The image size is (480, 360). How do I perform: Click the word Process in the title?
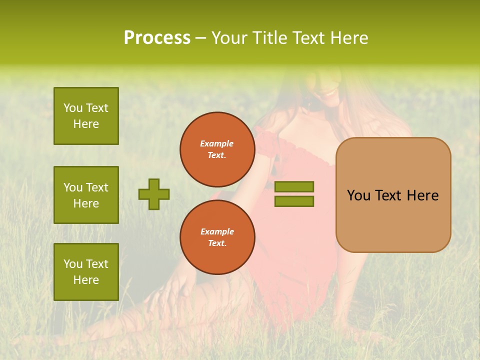point(157,38)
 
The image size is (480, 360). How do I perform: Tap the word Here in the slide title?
point(348,38)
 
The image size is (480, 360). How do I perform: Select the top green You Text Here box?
point(86,116)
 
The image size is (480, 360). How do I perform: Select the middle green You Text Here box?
point(86,195)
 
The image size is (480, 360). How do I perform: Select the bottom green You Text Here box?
point(86,272)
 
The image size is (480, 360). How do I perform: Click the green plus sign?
point(154,194)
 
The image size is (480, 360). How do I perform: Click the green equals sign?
point(294,194)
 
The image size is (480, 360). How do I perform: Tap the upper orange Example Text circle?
point(217,149)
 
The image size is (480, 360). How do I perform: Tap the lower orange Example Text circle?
point(217,237)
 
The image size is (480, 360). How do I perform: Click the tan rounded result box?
point(393,195)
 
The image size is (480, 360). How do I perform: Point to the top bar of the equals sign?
point(294,186)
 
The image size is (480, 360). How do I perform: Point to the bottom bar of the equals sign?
point(294,201)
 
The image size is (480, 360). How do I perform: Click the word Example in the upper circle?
point(217,143)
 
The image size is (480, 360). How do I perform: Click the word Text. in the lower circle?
point(217,243)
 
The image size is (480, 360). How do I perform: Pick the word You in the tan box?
point(359,195)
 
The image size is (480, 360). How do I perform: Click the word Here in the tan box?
point(422,195)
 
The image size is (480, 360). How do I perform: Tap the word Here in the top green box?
point(86,124)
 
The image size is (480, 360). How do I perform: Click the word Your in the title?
point(229,38)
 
